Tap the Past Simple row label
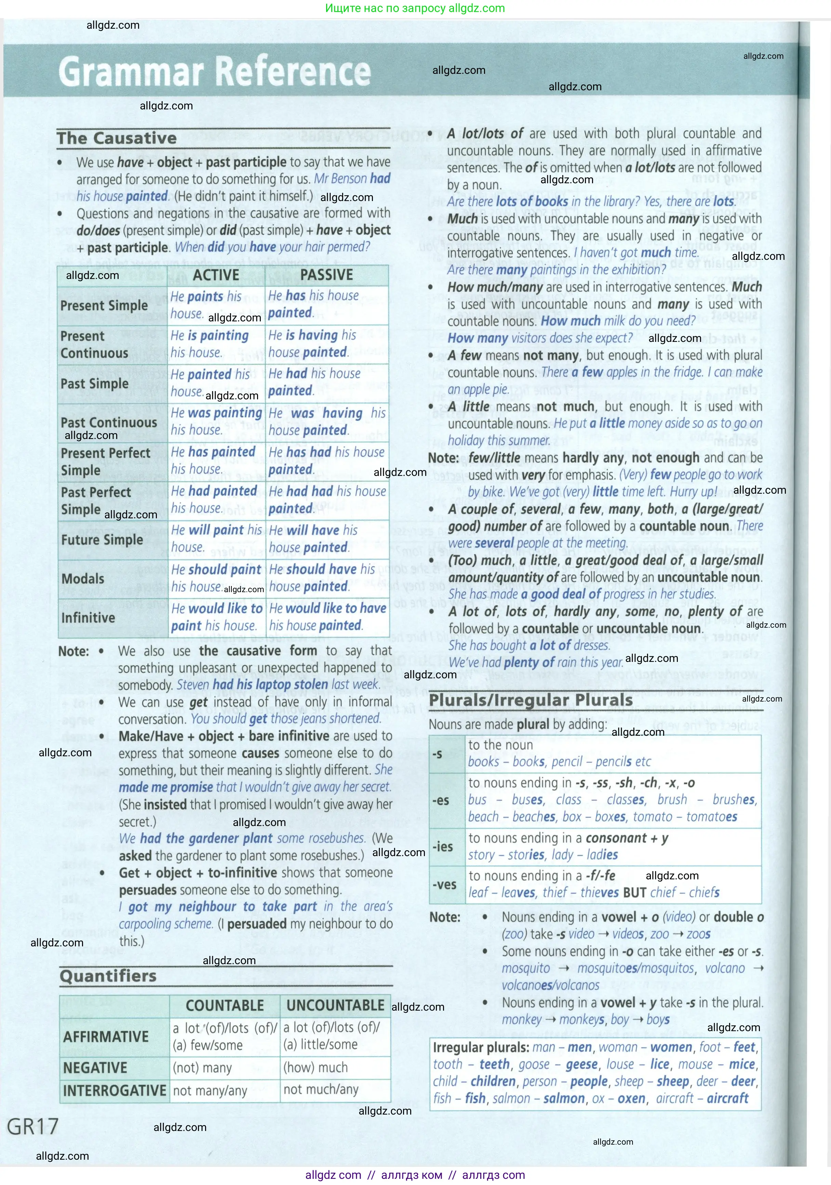(94, 384)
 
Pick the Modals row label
(83, 578)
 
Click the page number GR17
(32, 1126)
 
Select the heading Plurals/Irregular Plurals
(531, 701)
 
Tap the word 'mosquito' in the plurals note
(525, 968)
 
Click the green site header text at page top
(415, 8)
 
